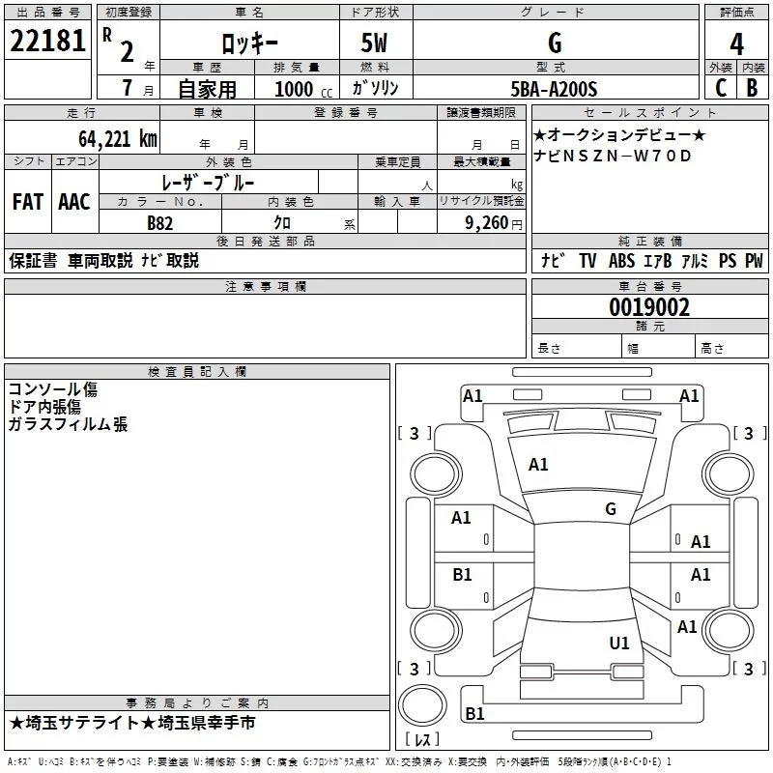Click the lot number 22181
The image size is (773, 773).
click(x=47, y=43)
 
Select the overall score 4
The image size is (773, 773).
click(x=736, y=43)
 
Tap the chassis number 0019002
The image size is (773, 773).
click(x=648, y=307)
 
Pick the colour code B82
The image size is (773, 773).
click(x=160, y=223)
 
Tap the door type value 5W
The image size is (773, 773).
click(x=376, y=43)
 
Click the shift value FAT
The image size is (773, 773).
click(x=27, y=202)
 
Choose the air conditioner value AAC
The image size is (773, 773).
click(x=73, y=202)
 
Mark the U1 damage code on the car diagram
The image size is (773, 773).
click(x=619, y=643)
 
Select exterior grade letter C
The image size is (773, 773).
click(x=720, y=89)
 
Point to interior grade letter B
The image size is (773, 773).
click(x=753, y=89)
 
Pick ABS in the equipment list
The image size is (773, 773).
click(x=621, y=261)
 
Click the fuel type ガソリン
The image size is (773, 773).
click(x=376, y=89)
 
